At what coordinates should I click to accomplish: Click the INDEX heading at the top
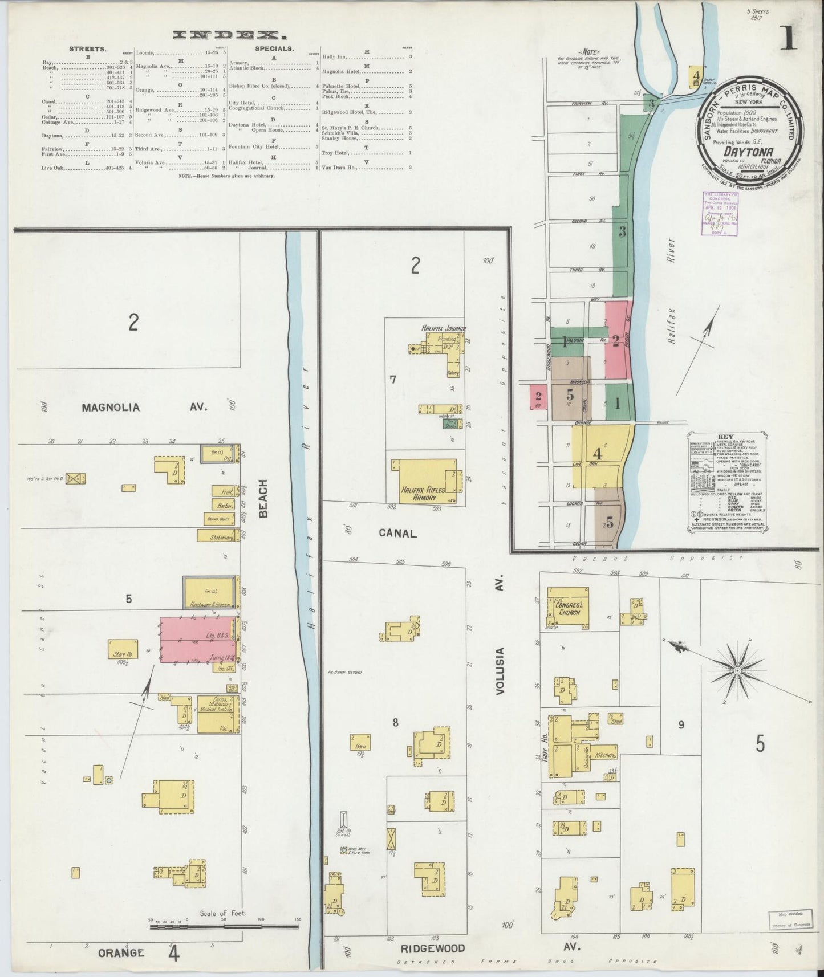click(222, 35)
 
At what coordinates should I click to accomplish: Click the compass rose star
click(737, 671)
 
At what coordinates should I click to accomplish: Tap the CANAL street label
click(397, 534)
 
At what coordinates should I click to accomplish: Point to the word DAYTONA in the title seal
click(744, 152)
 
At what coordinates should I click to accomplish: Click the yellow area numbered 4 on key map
click(598, 454)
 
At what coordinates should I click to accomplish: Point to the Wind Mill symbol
click(344, 850)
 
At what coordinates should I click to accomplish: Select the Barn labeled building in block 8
click(360, 742)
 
